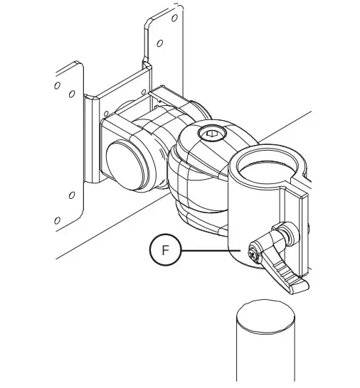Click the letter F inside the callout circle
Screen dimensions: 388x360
click(x=166, y=251)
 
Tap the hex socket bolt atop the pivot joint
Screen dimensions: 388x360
click(x=211, y=133)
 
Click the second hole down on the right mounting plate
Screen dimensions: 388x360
click(x=165, y=41)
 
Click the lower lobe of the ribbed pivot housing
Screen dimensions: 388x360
click(x=196, y=213)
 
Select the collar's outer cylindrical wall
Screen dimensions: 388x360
click(x=245, y=213)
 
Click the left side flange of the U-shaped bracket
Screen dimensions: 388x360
click(x=93, y=142)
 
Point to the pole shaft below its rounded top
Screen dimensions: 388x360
click(x=265, y=359)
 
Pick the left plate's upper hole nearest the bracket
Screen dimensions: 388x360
click(x=72, y=93)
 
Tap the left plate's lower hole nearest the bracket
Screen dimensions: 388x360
click(x=71, y=195)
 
